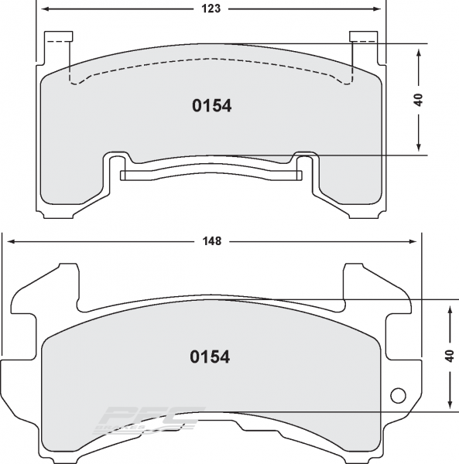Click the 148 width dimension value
[214, 241]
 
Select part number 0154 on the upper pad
[211, 107]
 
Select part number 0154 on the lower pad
[210, 357]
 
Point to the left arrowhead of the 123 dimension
[44, 9]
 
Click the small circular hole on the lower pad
[399, 395]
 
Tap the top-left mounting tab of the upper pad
[58, 37]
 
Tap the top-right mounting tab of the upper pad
[363, 37]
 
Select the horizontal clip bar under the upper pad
[211, 173]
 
